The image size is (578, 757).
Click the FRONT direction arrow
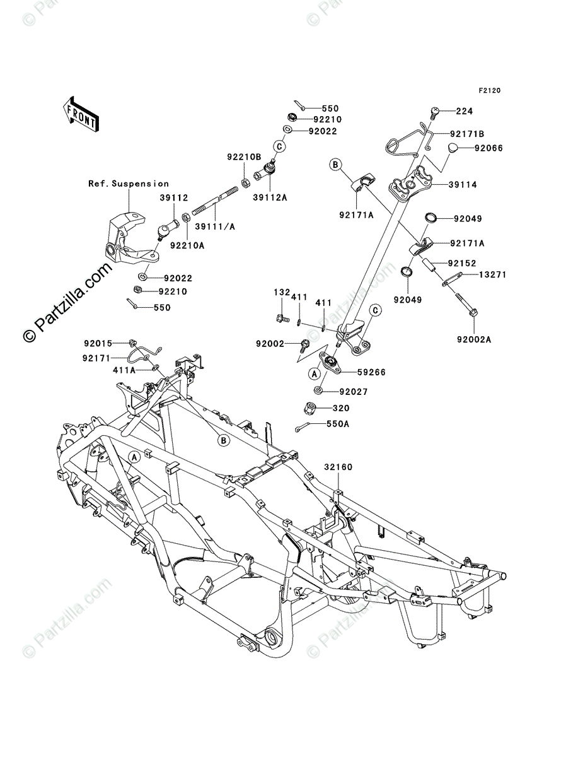coord(81,114)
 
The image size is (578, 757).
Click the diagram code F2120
coord(489,91)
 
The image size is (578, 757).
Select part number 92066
coord(488,148)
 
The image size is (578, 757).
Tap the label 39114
coord(462,184)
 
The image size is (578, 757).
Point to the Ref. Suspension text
coord(129,184)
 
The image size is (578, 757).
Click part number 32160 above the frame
coord(338,467)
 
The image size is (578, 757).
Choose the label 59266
coord(371,372)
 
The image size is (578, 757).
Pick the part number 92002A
coord(474,339)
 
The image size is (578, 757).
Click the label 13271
coord(492,274)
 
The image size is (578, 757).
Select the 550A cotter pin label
coord(338,424)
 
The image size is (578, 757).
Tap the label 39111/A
coord(215,226)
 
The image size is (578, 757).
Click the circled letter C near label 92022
coord(279,146)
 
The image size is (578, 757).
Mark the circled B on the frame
coord(224,440)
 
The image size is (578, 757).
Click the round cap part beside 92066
coord(454,148)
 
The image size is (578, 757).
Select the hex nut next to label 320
coord(310,409)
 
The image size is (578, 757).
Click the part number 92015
coord(98,344)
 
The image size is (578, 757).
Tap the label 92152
coord(462,263)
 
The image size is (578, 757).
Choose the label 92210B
coord(244,157)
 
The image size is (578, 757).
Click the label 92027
coord(354,392)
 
